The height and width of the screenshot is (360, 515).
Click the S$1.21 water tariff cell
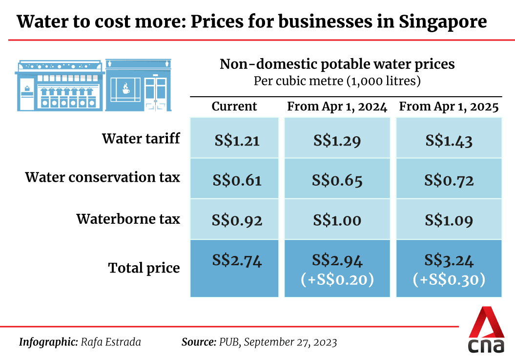(x=237, y=141)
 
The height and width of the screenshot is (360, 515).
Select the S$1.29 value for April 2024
(x=337, y=141)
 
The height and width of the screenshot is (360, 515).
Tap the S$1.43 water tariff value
(x=449, y=141)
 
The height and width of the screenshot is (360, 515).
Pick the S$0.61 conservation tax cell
(x=238, y=181)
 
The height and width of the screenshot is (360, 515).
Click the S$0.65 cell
(x=337, y=181)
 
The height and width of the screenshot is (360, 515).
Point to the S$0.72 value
(x=449, y=181)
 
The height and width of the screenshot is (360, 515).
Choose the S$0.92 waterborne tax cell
(x=238, y=220)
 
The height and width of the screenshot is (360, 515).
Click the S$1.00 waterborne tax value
(x=337, y=220)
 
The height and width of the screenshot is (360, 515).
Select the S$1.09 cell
(x=449, y=220)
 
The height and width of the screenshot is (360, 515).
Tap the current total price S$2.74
(x=238, y=261)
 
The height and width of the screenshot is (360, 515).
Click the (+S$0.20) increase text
(x=337, y=279)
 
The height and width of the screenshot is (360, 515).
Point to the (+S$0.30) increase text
(x=449, y=279)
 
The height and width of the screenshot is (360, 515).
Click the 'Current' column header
(x=234, y=107)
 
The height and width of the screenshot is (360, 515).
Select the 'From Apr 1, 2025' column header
(x=449, y=107)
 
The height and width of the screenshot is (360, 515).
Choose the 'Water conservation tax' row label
(x=103, y=177)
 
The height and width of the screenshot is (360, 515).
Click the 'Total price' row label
(x=144, y=268)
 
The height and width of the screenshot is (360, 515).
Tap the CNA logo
(x=486, y=331)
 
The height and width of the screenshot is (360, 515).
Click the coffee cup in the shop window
(x=125, y=88)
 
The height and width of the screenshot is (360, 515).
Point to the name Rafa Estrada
(x=111, y=342)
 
